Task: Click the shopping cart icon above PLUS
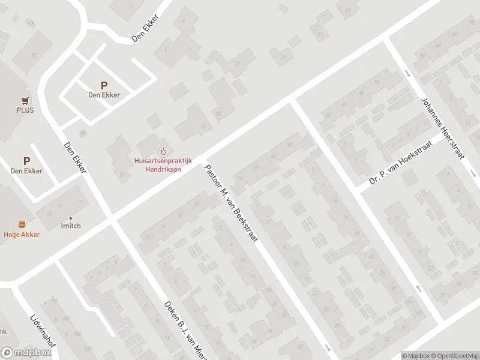click(25, 101)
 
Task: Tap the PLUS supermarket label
click(25, 110)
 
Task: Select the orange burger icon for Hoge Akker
click(22, 225)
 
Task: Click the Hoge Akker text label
click(22, 235)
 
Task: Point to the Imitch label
click(71, 226)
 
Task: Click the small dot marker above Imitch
click(71, 218)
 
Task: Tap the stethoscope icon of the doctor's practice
click(162, 151)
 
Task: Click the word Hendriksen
click(162, 169)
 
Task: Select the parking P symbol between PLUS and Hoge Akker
click(26, 161)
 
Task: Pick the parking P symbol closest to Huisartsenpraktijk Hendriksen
click(104, 86)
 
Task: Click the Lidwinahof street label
click(38, 329)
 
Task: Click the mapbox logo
click(26, 353)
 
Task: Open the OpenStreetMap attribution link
click(454, 356)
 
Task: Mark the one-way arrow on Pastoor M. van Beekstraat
click(328, 348)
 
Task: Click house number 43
click(346, 10)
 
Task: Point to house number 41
click(319, 34)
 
